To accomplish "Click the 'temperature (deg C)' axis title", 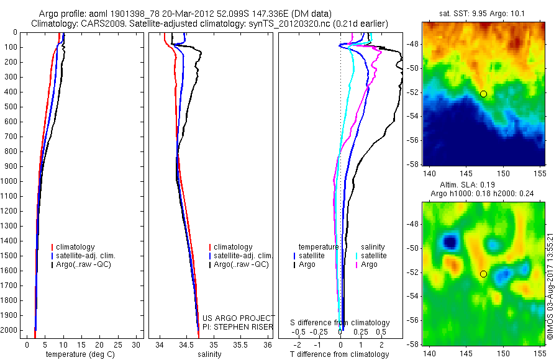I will [x=78, y=355].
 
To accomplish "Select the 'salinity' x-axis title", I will [x=209, y=355].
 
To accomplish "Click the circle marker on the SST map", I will [x=483, y=94].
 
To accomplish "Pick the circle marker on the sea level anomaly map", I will [x=483, y=274].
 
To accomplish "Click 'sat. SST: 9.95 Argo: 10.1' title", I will [x=484, y=14].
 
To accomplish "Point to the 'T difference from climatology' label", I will [x=340, y=355].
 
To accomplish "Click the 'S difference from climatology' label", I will [x=340, y=323].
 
